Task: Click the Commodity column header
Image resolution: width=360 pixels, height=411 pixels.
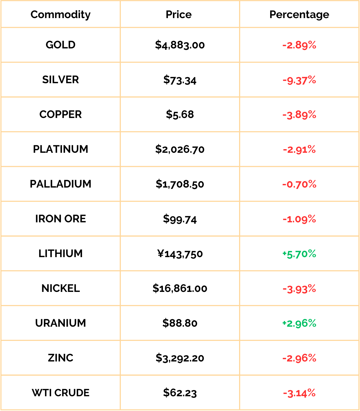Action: coord(60,15)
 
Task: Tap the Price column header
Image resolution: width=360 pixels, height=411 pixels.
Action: coord(178,14)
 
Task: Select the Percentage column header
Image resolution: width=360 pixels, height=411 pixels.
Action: coord(299,15)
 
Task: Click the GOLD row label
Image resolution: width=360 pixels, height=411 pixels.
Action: coord(60,45)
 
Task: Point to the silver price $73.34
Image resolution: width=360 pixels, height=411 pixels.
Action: coord(180,80)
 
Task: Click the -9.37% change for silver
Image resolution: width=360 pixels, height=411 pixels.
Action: coord(299,80)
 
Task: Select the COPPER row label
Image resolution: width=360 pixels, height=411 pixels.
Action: coord(60,114)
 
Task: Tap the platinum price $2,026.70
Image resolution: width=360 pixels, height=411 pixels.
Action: coord(180,149)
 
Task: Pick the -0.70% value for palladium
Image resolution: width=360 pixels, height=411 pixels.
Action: coord(299,184)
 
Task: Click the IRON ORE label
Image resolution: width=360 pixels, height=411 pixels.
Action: coord(60,219)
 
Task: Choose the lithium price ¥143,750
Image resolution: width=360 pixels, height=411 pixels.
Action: coord(180,254)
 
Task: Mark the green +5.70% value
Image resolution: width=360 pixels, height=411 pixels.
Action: coord(299,254)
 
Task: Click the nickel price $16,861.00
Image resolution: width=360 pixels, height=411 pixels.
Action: coord(180,288)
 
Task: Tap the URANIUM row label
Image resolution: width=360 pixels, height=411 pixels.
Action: coord(60,323)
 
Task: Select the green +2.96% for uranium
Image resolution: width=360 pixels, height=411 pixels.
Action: coord(299,323)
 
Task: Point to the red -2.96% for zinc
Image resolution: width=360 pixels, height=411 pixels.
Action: coord(299,358)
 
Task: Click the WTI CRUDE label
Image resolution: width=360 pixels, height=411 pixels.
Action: coord(60,393)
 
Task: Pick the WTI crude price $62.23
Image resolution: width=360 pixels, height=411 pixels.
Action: coord(180,393)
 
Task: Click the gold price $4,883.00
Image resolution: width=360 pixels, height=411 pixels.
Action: coord(180,45)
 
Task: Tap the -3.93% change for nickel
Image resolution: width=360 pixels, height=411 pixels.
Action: coord(299,289)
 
